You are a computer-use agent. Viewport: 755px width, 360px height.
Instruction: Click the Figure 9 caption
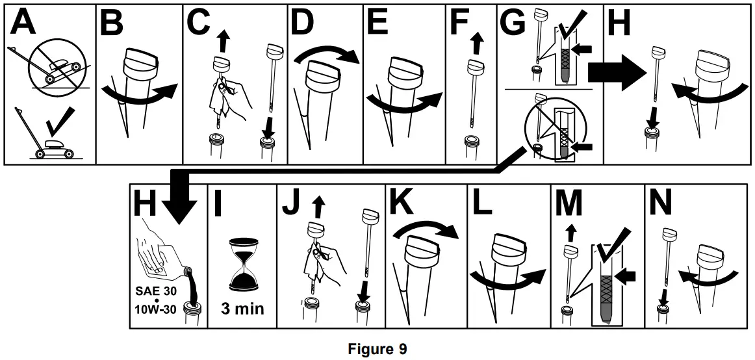(378, 349)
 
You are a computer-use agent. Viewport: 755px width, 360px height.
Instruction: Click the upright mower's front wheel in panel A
(41, 154)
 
